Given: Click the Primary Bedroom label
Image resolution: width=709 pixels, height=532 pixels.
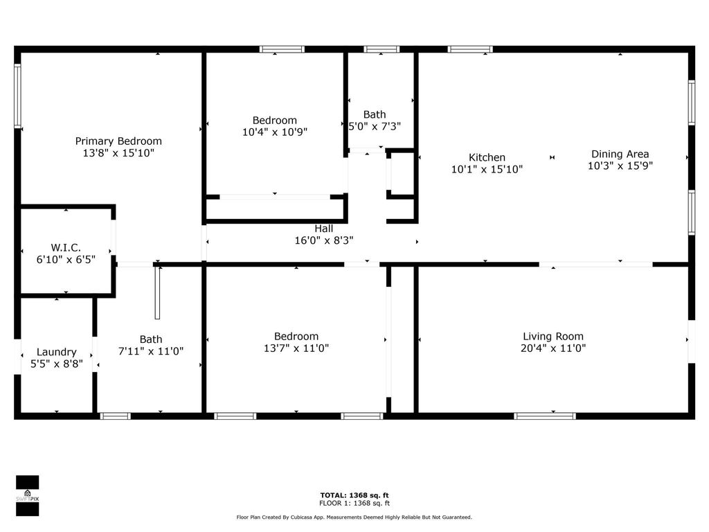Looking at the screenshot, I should point(118,141).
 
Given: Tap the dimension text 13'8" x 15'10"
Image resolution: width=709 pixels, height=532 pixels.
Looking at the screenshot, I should point(118,153).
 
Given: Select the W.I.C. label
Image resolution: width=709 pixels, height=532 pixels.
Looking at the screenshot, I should point(66,247).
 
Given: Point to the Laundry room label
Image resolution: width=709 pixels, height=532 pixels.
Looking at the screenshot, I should point(57,352).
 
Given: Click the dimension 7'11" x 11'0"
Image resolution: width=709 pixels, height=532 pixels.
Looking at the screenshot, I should point(151,351).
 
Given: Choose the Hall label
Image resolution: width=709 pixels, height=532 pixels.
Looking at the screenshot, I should point(323,229).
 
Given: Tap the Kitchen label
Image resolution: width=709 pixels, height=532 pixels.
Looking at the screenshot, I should point(487,157).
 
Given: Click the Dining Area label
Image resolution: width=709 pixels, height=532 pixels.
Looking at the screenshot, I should point(620,154).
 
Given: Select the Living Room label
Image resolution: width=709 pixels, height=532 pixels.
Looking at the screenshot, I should point(553,337).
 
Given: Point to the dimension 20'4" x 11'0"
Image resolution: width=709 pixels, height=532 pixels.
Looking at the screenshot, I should point(553,349).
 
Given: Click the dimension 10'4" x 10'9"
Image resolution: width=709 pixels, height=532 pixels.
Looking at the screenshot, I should point(274,132).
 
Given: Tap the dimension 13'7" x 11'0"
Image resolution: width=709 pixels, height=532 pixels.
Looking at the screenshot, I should point(296,349).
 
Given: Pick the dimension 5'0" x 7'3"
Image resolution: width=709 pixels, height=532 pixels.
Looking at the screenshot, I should point(375,127).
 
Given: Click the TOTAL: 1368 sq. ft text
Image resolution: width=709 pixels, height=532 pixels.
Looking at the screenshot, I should point(354,495).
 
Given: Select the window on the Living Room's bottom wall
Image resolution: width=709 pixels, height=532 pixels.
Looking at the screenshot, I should point(544,416).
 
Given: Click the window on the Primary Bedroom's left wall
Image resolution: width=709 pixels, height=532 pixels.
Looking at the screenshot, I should point(17,96).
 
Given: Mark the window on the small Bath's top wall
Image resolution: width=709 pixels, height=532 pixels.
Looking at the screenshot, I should point(382,49).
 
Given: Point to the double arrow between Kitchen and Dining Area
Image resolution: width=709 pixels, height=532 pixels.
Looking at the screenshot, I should point(552,158).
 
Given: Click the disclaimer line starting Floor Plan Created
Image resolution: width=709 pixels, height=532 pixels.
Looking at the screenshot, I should point(354,517).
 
